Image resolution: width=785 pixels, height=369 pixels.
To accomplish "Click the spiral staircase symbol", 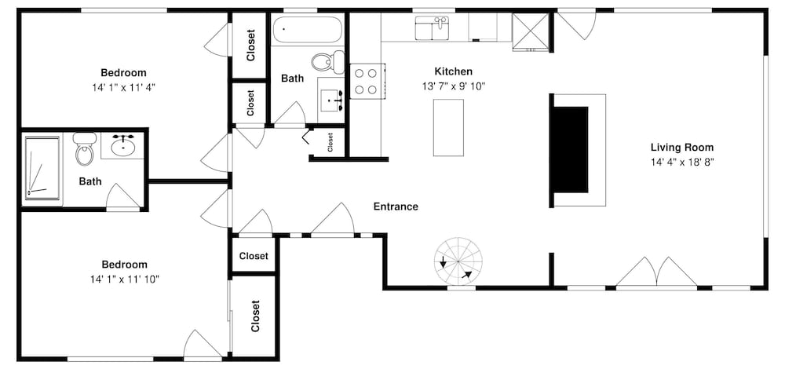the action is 458,261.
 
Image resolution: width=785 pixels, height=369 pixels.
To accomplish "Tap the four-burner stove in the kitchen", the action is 367,81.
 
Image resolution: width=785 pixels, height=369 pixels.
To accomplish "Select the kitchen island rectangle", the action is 448,128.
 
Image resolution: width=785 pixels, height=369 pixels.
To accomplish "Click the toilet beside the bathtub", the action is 328,61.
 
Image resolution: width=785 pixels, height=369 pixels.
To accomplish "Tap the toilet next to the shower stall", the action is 85,148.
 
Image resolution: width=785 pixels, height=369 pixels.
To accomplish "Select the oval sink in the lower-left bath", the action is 122,146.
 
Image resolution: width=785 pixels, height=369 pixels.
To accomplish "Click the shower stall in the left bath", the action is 42,168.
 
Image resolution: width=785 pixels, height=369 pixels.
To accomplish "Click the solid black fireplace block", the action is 569,149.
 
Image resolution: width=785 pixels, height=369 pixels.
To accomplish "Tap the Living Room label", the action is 682,148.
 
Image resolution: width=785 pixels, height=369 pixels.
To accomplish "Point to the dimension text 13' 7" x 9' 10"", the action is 454,86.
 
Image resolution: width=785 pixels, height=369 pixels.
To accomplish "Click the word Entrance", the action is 396,206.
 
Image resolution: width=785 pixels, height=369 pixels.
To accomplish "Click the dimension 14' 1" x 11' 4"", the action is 124,87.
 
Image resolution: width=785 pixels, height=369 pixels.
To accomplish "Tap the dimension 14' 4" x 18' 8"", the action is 682,162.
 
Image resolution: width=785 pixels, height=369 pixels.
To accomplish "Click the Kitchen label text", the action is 453,71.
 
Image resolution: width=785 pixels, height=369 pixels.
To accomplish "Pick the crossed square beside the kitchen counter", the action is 531,31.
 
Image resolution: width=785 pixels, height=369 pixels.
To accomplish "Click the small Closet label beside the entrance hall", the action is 330,142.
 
